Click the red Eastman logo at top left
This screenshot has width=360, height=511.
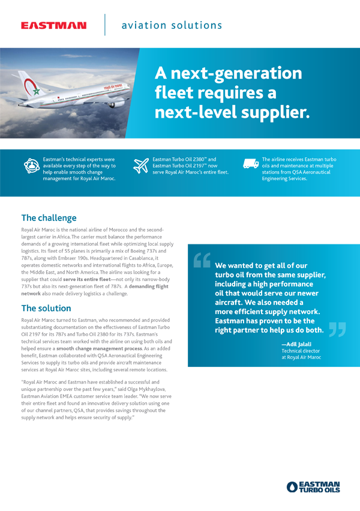pyautogui.click(x=53, y=26)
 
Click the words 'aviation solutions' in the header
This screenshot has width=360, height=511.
pyautogui.click(x=172, y=25)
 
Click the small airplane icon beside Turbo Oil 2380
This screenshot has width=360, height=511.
pyautogui.click(x=141, y=166)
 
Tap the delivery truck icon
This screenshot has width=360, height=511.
pyautogui.click(x=251, y=164)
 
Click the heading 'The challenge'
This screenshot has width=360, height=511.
pyautogui.click(x=49, y=218)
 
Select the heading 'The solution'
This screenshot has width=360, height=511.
pyautogui.click(x=46, y=309)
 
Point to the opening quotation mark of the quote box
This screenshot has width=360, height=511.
pyautogui.click(x=202, y=260)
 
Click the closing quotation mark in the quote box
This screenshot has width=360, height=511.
pyautogui.click(x=337, y=330)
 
